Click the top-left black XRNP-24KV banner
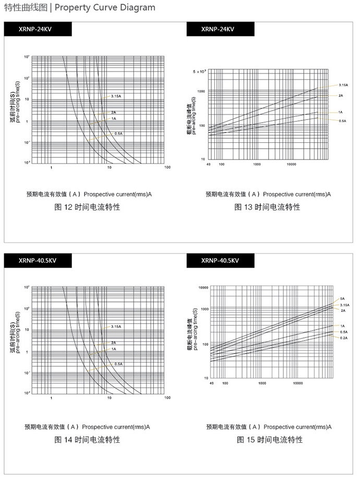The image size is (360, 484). pyautogui.click(x=37, y=30)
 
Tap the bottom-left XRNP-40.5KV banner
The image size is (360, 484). pyautogui.click(x=37, y=260)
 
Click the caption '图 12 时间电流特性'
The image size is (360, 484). pyautogui.click(x=87, y=207)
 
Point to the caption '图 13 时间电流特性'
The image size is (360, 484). pyautogui.click(x=268, y=207)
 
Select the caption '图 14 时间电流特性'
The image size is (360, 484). pyautogui.click(x=87, y=440)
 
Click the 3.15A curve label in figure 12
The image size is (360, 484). pyautogui.click(x=116, y=96)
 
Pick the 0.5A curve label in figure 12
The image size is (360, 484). pyautogui.click(x=118, y=134)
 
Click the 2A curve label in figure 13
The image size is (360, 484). pyautogui.click(x=341, y=95)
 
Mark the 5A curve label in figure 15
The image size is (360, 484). pyautogui.click(x=342, y=298)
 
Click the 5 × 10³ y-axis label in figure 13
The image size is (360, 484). pyautogui.click(x=200, y=70)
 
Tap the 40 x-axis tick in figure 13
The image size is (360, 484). pyautogui.click(x=208, y=164)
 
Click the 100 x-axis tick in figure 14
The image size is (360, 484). pyautogui.click(x=167, y=398)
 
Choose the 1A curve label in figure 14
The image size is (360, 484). pyautogui.click(x=113, y=349)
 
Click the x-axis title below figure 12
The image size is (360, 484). pyautogui.click(x=89, y=195)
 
